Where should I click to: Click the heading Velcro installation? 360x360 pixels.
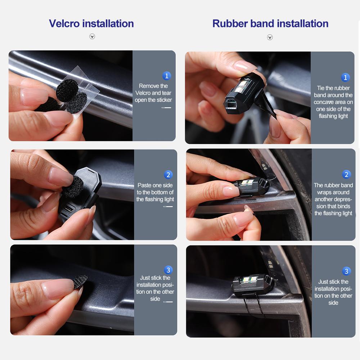[91, 24]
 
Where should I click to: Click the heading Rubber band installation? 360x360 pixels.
[270, 24]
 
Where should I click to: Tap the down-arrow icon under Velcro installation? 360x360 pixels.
[92, 36]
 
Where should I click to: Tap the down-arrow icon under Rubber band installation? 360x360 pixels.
[270, 37]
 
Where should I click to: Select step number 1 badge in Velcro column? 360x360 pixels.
[166, 76]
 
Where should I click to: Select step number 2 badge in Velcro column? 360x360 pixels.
[168, 175]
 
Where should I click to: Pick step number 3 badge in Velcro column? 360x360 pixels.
[168, 270]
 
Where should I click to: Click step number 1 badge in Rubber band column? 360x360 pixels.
[345, 77]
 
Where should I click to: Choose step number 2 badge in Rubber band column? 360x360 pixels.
[346, 175]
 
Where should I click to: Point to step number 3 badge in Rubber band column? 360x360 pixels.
[346, 271]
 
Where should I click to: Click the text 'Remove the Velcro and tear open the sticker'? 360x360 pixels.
[153, 93]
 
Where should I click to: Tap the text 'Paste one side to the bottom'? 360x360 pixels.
[155, 192]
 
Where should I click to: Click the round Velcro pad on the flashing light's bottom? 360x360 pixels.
[73, 187]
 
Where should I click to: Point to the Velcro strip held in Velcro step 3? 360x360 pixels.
[80, 282]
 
